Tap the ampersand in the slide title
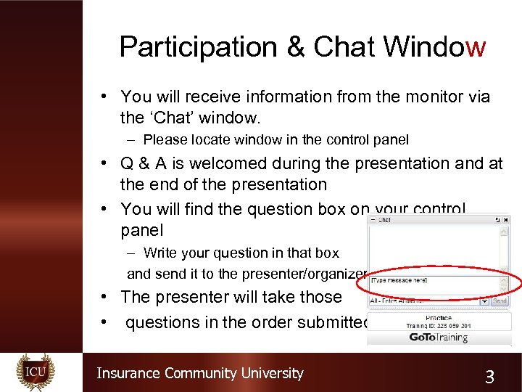[296, 47]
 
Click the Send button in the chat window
[500, 301]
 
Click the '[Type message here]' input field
[428, 280]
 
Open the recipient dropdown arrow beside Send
[484, 301]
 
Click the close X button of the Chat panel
[505, 219]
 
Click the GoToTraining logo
[438, 337]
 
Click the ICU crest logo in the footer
[36, 372]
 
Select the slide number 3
[490, 376]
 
